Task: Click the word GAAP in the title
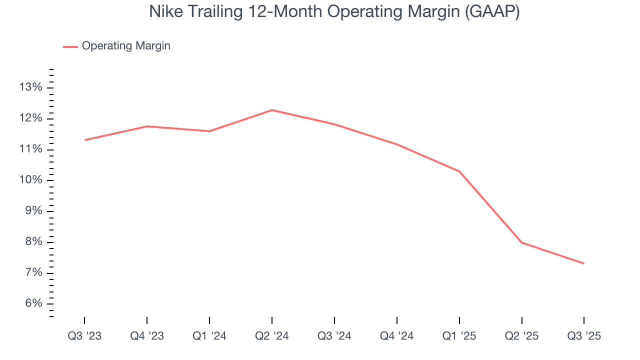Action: [492, 12]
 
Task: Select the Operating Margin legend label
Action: [126, 46]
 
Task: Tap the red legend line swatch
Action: [70, 46]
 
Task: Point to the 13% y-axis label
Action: [30, 87]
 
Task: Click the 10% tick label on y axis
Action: [30, 180]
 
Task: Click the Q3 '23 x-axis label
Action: [84, 336]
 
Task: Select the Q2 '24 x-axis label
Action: [271, 336]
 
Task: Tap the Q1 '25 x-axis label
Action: [459, 336]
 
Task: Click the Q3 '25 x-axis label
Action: [584, 336]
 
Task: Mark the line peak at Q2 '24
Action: [271, 110]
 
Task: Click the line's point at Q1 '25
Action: [459, 171]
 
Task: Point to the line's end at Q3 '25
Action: [583, 263]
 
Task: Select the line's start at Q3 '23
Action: [84, 140]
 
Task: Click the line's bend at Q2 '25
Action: [521, 242]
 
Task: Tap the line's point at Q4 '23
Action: [147, 126]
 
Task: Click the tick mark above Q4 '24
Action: [396, 320]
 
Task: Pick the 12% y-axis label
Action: [30, 118]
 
